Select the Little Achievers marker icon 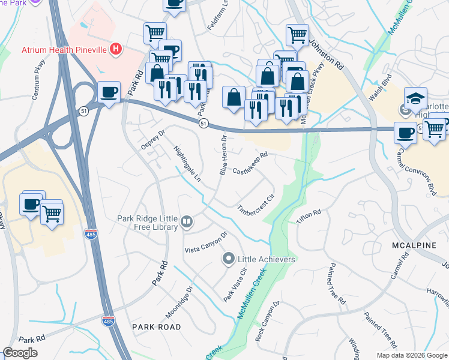pyautogui.click(x=228, y=259)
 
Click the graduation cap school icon pyautogui.click(x=415, y=98)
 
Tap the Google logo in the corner pyautogui.click(x=20, y=353)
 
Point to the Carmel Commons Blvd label pyautogui.click(x=421, y=175)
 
